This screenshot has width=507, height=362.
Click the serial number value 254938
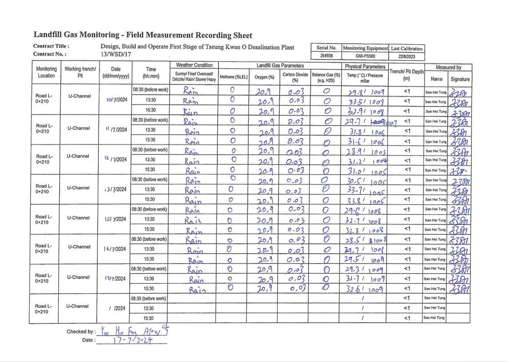coord(326,56)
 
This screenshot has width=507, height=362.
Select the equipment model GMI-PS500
coord(365,56)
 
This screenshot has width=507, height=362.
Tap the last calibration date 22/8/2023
coord(406,56)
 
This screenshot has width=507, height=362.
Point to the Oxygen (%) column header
coord(264,77)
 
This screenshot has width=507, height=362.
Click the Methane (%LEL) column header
coord(233,77)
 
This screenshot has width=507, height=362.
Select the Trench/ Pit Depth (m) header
coord(407,75)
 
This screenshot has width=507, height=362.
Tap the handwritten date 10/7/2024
coord(116,100)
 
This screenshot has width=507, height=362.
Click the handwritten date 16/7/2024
coord(115,249)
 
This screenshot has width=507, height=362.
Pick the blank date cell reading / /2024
coord(117,309)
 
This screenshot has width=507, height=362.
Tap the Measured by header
coord(449,67)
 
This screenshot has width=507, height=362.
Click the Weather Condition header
coord(195,65)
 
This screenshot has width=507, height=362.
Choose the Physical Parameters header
coord(364,67)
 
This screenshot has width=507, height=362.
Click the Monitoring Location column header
coord(46,72)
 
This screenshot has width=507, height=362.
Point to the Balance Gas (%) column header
coord(326,77)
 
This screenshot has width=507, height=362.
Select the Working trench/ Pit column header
coord(80,72)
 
